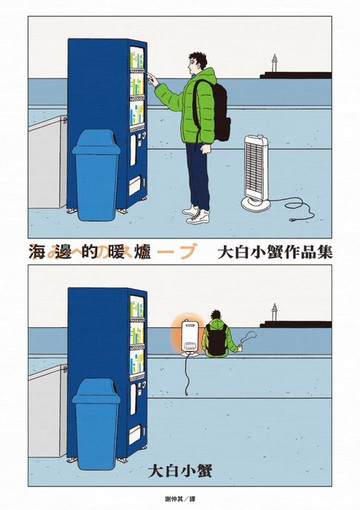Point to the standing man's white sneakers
pyautogui.click(x=196, y=214)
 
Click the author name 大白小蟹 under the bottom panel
pyautogui.click(x=179, y=469)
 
